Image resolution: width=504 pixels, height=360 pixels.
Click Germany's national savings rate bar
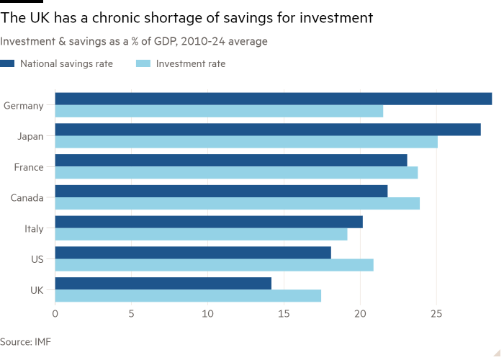pyautogui.click(x=274, y=99)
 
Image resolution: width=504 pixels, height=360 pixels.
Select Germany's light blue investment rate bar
pyautogui.click(x=219, y=112)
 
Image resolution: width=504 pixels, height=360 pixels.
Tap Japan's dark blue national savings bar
pyautogui.click(x=268, y=130)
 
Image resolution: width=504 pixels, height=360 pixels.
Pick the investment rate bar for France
pyautogui.click(x=236, y=173)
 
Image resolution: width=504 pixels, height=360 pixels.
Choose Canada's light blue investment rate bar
pyautogui.click(x=238, y=204)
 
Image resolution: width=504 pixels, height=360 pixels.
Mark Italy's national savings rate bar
pyautogui.click(x=209, y=222)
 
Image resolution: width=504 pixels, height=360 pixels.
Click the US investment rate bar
pyautogui.click(x=214, y=265)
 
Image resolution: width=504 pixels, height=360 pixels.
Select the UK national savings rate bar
pyautogui.click(x=163, y=283)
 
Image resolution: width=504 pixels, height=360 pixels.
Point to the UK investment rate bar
pyautogui.click(x=188, y=296)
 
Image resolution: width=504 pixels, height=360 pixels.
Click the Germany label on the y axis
pyautogui.click(x=24, y=106)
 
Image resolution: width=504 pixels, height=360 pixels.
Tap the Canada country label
pyautogui.click(x=27, y=198)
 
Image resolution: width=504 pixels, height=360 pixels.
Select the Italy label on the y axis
pyautogui.click(x=34, y=229)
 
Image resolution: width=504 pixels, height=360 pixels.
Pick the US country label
pyautogui.click(x=37, y=259)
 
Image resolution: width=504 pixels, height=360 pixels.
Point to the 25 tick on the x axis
pyautogui.click(x=436, y=314)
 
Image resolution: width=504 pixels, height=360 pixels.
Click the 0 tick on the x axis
pyautogui.click(x=55, y=314)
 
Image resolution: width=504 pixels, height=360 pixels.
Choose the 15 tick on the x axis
pyautogui.click(x=284, y=314)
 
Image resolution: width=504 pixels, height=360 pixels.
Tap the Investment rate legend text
pyautogui.click(x=191, y=64)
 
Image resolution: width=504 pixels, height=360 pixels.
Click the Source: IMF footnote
pyautogui.click(x=25, y=341)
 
